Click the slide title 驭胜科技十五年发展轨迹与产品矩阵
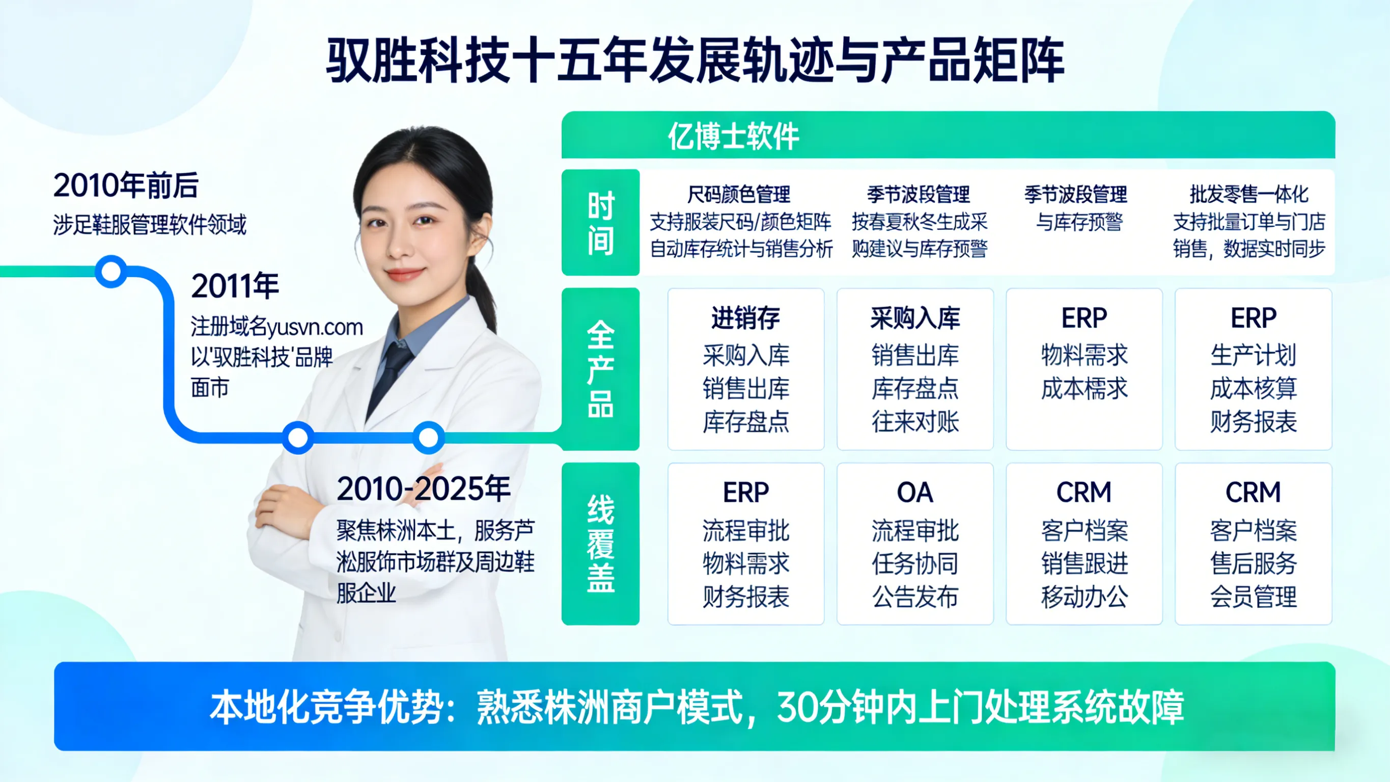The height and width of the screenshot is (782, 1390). [x=695, y=61]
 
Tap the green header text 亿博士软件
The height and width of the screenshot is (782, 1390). [x=733, y=136]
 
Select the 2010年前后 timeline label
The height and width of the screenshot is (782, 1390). [x=126, y=185]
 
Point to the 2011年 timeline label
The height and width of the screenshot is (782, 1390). [x=235, y=286]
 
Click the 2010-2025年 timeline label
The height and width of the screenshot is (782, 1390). [x=423, y=489]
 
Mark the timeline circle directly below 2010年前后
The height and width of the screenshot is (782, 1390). [x=111, y=271]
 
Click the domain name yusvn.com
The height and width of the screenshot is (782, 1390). [x=315, y=327]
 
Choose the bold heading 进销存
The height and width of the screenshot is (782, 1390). [x=745, y=317]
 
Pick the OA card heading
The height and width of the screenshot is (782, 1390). [x=914, y=493]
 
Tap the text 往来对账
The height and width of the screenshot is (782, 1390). [x=914, y=422]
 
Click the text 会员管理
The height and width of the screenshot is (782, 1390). [x=1253, y=597]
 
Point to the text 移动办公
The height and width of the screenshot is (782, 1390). [x=1084, y=597]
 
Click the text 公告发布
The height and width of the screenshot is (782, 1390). [x=914, y=597]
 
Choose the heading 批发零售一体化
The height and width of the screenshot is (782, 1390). [x=1248, y=195]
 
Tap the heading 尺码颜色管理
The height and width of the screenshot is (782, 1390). [x=738, y=195]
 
